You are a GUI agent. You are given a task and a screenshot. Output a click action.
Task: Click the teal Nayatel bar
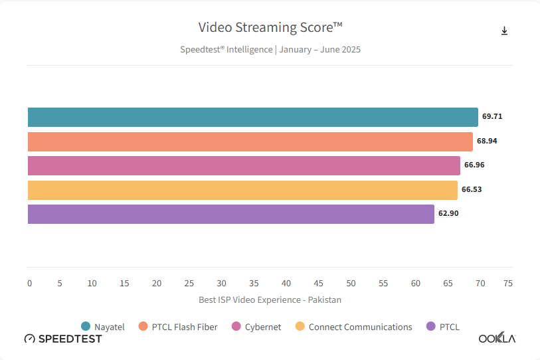[252, 117]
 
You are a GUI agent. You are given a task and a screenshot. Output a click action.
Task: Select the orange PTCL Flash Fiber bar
[250, 141]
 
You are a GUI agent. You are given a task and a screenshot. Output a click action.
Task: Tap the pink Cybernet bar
[244, 165]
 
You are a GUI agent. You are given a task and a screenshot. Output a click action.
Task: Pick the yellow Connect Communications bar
[242, 190]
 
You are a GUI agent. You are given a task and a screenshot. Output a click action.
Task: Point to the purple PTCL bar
[230, 214]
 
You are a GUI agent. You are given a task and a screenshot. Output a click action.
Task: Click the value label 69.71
[492, 116]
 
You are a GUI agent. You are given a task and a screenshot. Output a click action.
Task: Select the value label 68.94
[487, 141]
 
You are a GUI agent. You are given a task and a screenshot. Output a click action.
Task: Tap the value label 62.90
[448, 213]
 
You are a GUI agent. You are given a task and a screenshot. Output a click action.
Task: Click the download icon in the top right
[504, 31]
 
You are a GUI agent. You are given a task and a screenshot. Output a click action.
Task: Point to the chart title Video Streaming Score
[270, 27]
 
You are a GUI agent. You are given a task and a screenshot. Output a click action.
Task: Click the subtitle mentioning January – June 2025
[270, 49]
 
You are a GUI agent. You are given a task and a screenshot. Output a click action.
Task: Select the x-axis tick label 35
[254, 284]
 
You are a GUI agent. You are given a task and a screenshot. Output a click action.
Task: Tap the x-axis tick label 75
[508, 284]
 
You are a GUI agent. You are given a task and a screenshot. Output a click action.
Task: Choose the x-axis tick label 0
[29, 284]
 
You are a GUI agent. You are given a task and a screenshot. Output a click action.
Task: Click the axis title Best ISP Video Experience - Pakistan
[270, 300]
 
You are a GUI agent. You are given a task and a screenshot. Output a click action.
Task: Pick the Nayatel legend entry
[102, 327]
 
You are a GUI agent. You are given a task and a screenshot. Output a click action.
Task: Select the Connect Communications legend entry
[353, 327]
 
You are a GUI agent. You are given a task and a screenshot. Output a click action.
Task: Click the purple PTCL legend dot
[430, 326]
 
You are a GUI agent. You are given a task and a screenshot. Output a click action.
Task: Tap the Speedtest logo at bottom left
[63, 339]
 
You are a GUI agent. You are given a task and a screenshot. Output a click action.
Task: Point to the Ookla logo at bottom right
[497, 339]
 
